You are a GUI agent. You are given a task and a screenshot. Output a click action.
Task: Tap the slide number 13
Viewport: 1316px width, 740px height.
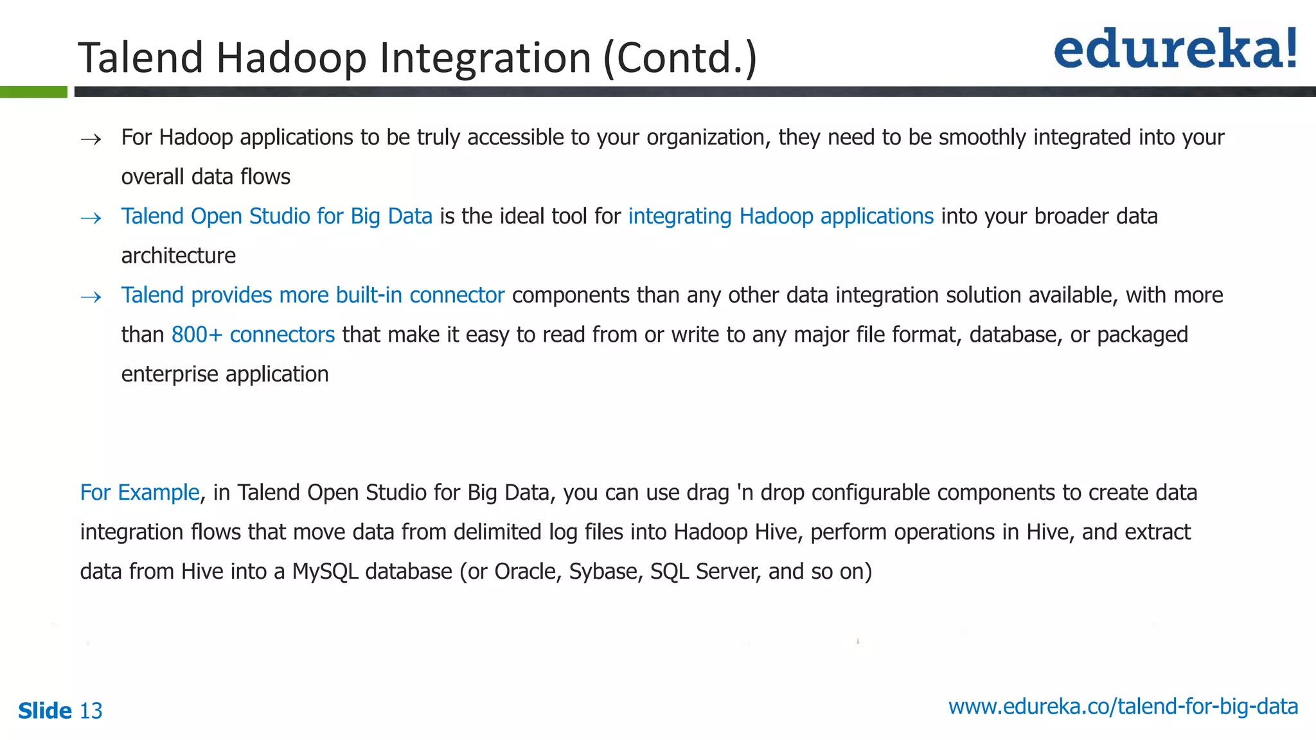91,711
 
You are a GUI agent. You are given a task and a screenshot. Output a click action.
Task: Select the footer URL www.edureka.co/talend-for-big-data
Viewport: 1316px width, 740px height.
1123,707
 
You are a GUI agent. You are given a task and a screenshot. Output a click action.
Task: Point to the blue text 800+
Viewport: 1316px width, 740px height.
197,335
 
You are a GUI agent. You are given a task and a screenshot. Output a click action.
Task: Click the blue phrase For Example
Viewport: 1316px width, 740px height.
139,493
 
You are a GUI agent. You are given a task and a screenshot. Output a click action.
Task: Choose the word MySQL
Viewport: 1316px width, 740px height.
325,572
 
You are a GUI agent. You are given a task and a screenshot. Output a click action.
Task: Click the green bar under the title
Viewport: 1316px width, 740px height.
33,92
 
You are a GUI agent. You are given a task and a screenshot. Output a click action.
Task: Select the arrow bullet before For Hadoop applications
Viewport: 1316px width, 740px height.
91,139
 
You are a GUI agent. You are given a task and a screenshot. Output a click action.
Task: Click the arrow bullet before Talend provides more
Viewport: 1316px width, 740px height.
91,297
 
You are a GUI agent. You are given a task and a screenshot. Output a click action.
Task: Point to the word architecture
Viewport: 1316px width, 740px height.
179,256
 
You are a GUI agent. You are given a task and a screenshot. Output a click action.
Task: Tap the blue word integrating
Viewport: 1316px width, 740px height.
680,216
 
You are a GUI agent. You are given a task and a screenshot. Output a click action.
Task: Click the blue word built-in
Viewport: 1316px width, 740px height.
369,295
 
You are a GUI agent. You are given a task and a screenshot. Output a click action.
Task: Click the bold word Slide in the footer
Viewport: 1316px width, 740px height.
45,711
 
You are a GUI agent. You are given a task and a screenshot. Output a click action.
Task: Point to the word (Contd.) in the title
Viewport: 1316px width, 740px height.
680,58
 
